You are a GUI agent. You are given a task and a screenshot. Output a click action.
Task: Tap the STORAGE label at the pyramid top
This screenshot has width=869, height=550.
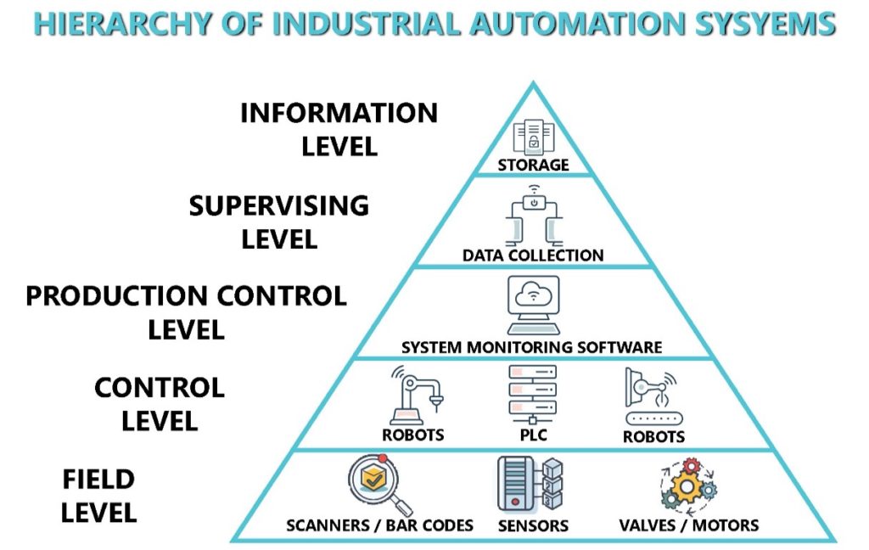533,165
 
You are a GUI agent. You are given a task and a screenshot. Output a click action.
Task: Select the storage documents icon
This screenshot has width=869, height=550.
534,137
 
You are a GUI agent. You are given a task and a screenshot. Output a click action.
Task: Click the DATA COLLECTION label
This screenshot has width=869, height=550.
533,255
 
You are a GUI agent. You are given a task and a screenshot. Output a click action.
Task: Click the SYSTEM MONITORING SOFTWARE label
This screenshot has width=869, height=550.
532,347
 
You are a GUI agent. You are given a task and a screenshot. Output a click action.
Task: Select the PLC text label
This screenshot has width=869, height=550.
532,436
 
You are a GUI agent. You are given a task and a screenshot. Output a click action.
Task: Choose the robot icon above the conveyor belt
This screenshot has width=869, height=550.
652,397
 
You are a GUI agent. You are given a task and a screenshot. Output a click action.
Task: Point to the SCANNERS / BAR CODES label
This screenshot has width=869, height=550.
379,525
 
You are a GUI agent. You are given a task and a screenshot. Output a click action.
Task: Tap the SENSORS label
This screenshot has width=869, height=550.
532,526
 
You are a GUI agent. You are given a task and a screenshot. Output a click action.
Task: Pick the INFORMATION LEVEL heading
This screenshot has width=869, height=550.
339,128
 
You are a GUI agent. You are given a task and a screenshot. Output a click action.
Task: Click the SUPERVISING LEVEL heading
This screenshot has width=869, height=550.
279,221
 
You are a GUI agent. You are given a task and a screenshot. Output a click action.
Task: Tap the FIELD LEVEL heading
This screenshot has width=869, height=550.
98,496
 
